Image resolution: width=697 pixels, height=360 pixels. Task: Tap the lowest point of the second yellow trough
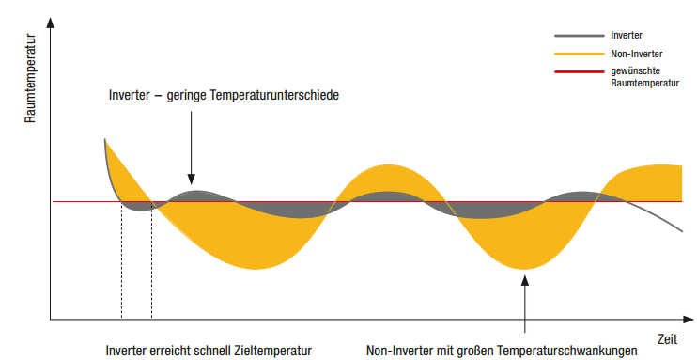tap(525, 269)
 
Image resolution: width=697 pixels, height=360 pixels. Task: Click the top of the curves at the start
tap(104, 140)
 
